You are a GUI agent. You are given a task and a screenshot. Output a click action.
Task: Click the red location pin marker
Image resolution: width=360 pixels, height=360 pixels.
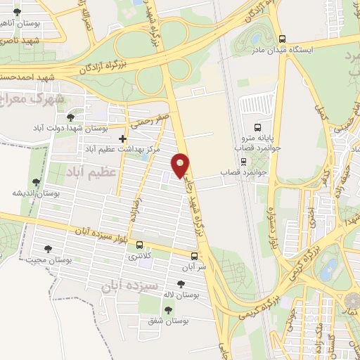181,165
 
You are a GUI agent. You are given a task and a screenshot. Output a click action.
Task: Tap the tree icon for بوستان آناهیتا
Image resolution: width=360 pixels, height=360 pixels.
17,12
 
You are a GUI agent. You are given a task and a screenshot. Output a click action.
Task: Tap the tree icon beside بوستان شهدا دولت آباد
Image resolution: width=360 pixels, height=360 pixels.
70,117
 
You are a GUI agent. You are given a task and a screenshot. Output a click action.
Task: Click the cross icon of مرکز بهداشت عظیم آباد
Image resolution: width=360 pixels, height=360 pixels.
123,139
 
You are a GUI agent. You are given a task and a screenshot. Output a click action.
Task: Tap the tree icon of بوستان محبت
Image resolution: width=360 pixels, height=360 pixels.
49,248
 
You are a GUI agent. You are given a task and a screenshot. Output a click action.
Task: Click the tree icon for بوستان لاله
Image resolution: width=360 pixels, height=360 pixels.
181,283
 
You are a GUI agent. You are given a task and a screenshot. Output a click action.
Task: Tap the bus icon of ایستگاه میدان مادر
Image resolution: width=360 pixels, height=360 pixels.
282,39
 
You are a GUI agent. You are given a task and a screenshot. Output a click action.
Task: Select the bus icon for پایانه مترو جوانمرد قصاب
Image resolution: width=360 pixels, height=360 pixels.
258,128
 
